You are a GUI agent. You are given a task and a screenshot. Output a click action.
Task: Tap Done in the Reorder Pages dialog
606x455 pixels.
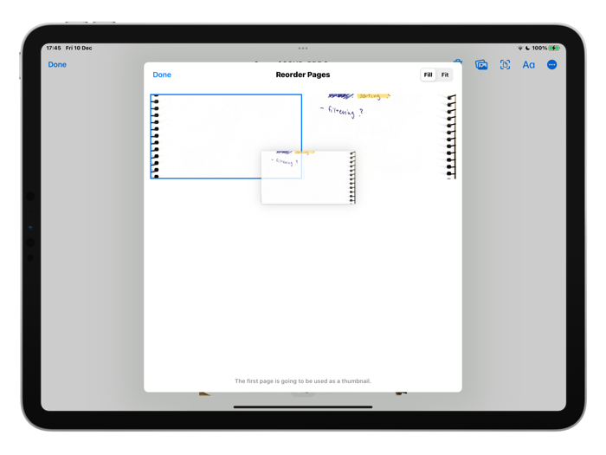(x=162, y=75)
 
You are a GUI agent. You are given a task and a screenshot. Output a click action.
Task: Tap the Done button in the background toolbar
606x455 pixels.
(x=57, y=64)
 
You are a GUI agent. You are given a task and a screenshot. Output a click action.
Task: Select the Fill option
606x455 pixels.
(x=428, y=75)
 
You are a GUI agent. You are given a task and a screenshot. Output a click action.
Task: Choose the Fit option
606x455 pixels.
(x=445, y=75)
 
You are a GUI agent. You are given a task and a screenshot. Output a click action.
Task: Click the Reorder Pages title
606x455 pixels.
(x=302, y=75)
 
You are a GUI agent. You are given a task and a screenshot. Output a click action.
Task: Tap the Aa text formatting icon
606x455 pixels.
(x=528, y=65)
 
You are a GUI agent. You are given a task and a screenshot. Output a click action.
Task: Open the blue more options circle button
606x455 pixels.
(x=551, y=65)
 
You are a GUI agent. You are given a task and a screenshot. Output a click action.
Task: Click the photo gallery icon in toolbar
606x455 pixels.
(x=481, y=65)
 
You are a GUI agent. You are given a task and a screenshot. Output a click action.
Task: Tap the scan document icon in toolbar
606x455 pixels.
(x=505, y=65)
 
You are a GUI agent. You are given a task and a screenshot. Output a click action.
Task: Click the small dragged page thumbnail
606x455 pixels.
(x=308, y=178)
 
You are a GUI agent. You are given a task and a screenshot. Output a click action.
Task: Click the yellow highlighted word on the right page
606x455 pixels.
(x=373, y=96)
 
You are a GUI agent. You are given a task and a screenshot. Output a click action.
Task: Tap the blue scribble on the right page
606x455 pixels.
(x=340, y=96)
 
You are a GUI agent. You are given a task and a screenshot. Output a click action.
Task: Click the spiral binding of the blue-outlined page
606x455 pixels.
(x=156, y=137)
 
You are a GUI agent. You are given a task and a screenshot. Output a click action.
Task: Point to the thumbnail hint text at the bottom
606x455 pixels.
(x=303, y=380)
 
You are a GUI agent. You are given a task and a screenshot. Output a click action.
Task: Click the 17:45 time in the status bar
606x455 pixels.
(x=54, y=49)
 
